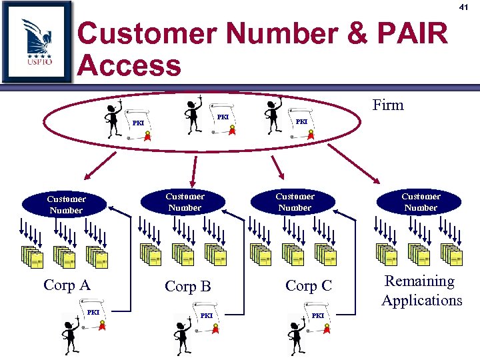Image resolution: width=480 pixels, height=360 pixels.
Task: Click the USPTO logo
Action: point(37,41)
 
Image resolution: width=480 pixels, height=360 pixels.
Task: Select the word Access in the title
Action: point(129,66)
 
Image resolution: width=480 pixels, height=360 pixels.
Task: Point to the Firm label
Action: point(388,105)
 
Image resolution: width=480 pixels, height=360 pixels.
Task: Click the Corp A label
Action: point(67,285)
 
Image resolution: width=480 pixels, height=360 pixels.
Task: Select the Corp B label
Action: point(187,287)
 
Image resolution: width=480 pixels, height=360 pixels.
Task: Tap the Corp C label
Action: point(308,285)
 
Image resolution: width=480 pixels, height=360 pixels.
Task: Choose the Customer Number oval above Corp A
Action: point(66,204)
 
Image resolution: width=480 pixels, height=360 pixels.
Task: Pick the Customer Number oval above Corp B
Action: point(185,202)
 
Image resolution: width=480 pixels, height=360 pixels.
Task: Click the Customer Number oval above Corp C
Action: point(295,202)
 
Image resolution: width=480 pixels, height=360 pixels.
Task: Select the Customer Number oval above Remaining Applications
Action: point(420,202)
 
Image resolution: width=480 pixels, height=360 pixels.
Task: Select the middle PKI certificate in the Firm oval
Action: point(223,119)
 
